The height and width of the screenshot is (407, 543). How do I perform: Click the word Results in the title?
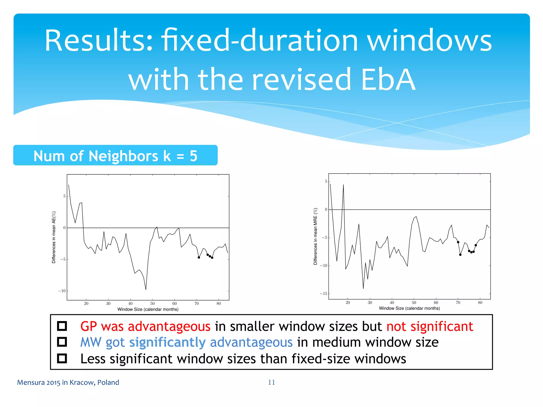[98, 41]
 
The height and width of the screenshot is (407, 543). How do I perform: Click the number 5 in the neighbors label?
[194, 156]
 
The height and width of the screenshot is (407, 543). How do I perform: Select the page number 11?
[271, 382]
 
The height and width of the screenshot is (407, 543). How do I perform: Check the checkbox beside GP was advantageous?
[62, 326]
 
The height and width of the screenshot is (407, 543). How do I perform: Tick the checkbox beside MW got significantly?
[62, 342]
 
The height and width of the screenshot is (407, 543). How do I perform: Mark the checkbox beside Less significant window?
[62, 359]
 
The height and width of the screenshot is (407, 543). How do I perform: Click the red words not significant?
[430, 326]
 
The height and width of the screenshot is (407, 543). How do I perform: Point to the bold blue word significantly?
[167, 342]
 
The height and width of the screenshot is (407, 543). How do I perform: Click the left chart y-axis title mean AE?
[54, 237]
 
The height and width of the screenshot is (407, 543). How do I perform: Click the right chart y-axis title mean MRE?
[315, 236]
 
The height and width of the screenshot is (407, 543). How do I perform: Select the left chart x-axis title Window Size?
[148, 309]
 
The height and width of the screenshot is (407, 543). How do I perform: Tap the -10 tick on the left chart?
[62, 291]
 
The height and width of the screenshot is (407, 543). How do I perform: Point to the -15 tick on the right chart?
[323, 294]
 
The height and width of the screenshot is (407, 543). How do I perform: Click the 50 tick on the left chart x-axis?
[152, 304]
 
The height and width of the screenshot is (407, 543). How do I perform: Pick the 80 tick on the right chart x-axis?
[480, 303]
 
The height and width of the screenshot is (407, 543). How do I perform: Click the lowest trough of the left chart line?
[146, 289]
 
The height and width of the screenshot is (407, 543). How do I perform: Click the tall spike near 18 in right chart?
[343, 185]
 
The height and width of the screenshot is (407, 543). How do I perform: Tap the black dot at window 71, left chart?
[199, 257]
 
